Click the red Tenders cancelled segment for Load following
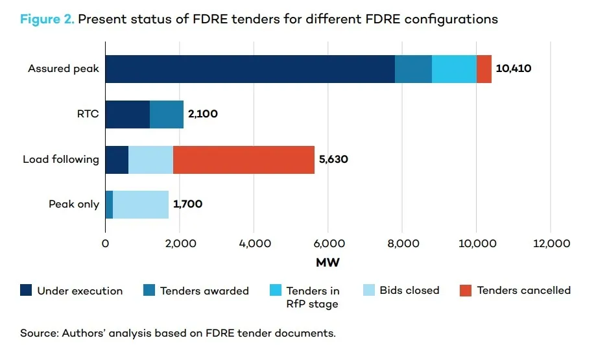click(x=243, y=159)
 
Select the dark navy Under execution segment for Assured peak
click(x=250, y=69)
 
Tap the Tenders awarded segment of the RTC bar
click(x=167, y=114)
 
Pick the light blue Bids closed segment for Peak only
click(x=141, y=204)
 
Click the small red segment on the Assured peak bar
click(x=484, y=69)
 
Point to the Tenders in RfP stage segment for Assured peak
click(x=454, y=69)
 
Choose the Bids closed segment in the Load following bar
click(x=150, y=159)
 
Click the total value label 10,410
click(x=514, y=68)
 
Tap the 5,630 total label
click(x=333, y=159)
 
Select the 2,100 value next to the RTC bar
click(x=203, y=114)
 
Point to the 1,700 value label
click(x=187, y=204)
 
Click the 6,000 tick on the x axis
click(x=328, y=244)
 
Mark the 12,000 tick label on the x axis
click(x=550, y=244)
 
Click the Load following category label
click(x=61, y=159)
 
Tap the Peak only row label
click(x=74, y=204)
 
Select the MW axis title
click(x=328, y=263)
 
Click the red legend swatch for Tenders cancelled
click(x=465, y=290)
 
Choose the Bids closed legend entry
click(x=409, y=291)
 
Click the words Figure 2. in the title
click(x=47, y=19)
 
